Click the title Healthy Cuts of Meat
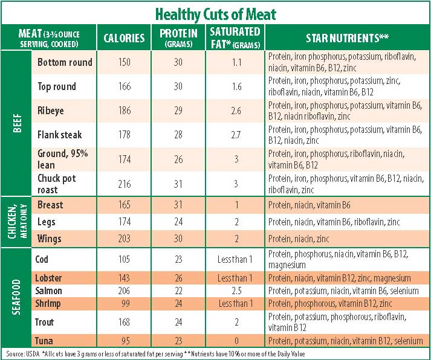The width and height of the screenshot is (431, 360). (215, 13)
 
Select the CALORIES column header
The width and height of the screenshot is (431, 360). (124, 38)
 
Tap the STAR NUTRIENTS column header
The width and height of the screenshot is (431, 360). (347, 38)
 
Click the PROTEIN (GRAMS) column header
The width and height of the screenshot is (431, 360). (178, 38)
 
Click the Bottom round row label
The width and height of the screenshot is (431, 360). (65, 62)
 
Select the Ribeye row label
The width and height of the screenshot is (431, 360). (51, 111)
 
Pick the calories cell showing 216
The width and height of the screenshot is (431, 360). (124, 183)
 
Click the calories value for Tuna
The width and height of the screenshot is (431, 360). (124, 341)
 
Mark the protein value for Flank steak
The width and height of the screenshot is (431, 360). (178, 135)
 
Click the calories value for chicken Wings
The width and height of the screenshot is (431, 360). (124, 239)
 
